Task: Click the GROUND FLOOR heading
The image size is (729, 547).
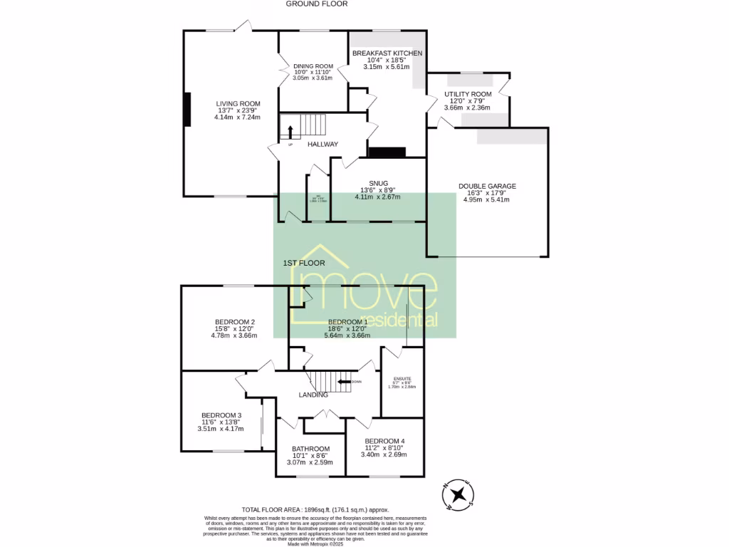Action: pos(317,4)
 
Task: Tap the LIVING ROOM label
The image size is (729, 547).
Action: pos(238,104)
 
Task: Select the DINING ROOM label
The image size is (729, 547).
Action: pos(313,66)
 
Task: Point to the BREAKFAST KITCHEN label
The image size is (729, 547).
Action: pos(387,53)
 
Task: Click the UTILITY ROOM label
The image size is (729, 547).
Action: pos(468,94)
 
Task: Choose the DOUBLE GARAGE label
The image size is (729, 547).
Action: pos(487,187)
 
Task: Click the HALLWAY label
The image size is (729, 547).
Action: pos(322,145)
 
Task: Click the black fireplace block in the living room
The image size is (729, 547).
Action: pos(187,110)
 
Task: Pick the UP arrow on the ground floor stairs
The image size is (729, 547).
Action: pos(290,132)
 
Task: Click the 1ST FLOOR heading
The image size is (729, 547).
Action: pos(304,264)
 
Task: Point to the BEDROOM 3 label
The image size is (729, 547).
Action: pos(221,416)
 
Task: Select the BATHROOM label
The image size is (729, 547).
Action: pos(311,449)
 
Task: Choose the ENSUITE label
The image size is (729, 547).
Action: pos(402,377)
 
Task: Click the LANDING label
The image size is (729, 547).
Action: pos(313,395)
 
